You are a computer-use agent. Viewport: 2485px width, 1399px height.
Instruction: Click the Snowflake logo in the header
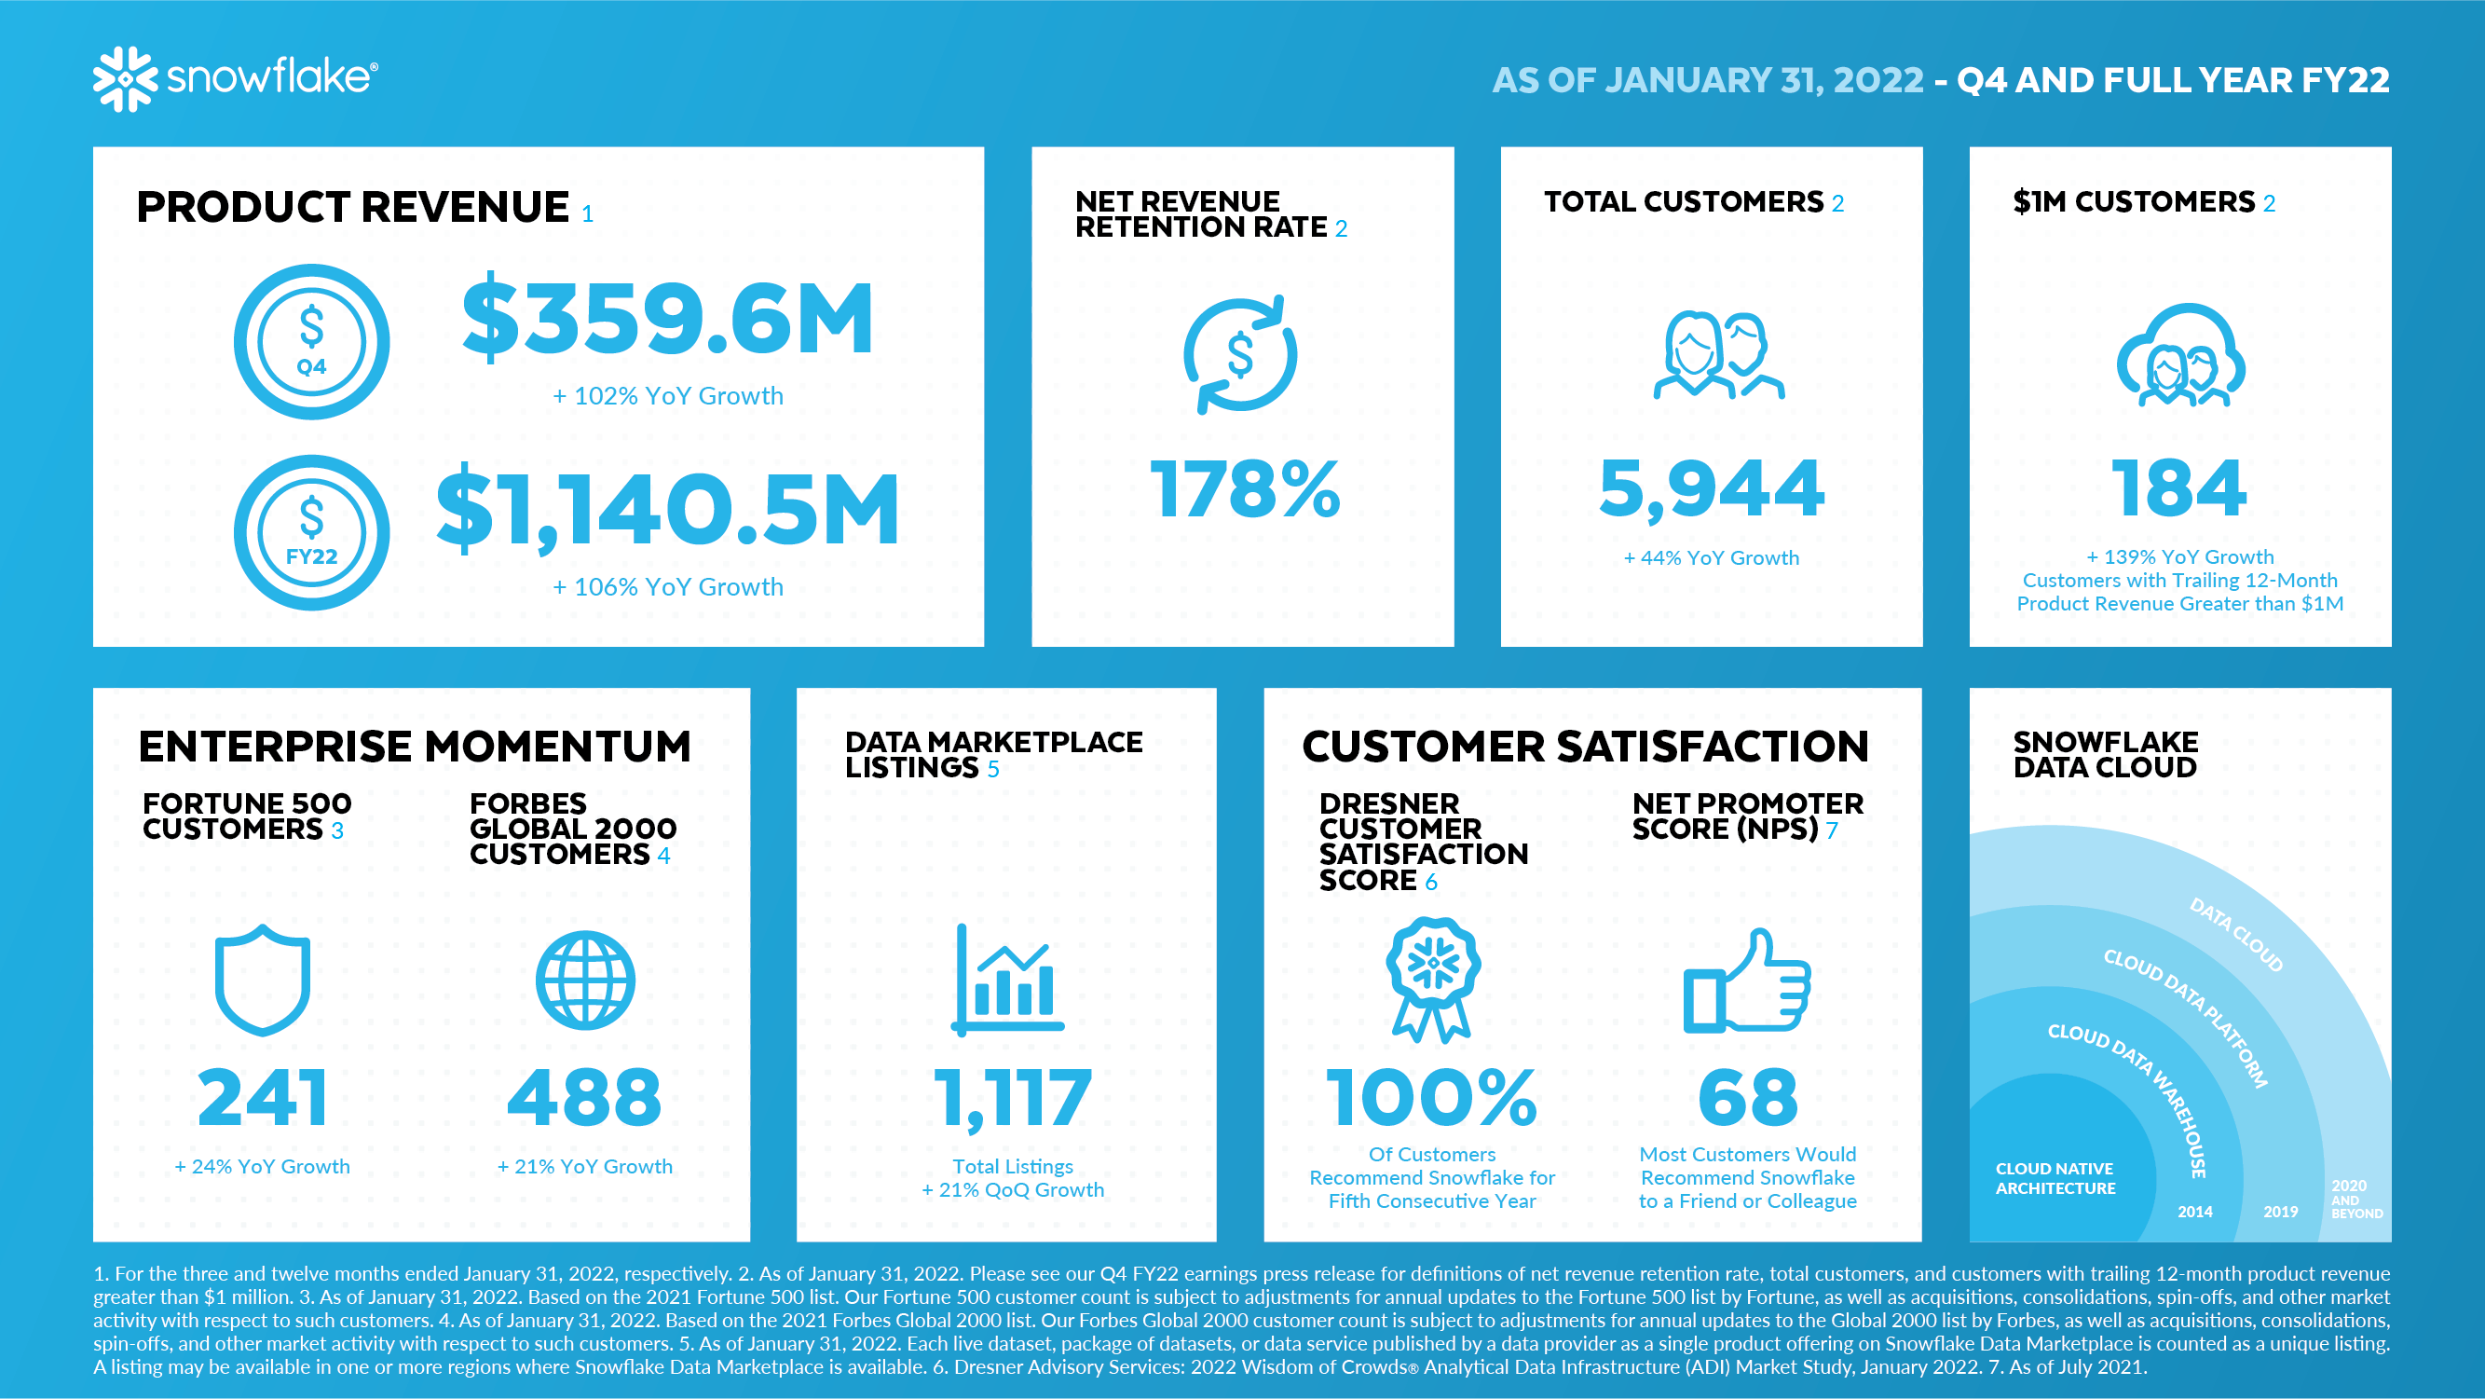tap(236, 78)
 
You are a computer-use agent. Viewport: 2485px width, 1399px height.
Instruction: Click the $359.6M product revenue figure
tap(667, 320)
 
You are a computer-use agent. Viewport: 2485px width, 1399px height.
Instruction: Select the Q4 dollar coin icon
tap(311, 341)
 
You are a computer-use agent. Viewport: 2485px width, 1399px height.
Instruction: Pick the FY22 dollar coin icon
tap(311, 532)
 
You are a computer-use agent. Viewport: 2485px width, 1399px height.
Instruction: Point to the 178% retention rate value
tap(1245, 489)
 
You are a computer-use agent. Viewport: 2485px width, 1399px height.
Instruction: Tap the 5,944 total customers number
tap(1712, 489)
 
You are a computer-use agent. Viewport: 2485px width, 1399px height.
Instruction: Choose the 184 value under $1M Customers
tap(2179, 489)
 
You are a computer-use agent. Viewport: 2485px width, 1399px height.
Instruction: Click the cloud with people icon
tap(2180, 357)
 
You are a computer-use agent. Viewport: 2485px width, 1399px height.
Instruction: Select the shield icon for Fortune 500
tap(263, 980)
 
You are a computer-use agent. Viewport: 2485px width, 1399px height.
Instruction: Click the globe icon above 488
tap(585, 981)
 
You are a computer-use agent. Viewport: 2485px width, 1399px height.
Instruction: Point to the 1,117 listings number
tap(1012, 1098)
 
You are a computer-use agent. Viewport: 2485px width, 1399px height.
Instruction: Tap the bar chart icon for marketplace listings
tap(1008, 981)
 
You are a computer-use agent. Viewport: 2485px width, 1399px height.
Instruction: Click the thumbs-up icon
tap(1746, 981)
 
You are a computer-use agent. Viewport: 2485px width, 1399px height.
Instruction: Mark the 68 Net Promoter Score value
tap(1748, 1098)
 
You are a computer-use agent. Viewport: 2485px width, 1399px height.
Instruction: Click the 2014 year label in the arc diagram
tap(2194, 1212)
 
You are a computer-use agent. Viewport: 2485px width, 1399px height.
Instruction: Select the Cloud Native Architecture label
tap(2055, 1179)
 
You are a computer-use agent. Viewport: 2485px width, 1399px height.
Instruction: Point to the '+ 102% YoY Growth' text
tap(667, 396)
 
